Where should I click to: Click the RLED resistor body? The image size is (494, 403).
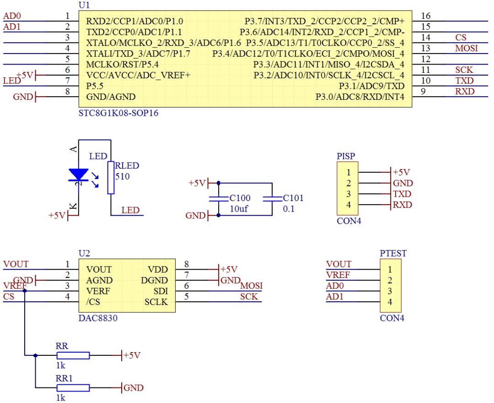110,177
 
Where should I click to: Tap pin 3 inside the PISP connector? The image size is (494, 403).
349,194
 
